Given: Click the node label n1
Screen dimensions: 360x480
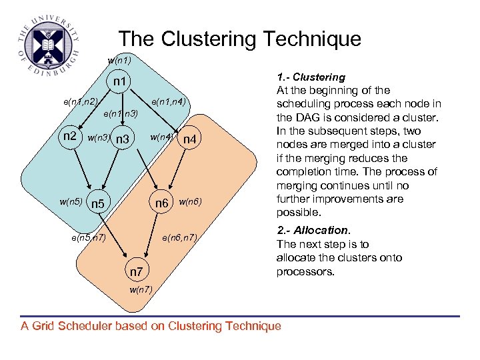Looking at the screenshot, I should pos(121,82).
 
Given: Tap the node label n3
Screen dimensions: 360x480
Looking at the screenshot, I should pos(122,140).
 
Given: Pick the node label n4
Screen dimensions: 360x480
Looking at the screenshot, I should pos(190,140).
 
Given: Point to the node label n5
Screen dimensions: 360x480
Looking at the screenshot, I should pos(98,203).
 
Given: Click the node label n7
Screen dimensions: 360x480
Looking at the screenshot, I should pos(137,271).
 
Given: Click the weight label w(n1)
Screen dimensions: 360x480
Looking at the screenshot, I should pos(119,61).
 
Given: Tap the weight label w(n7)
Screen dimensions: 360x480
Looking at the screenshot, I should pos(141,289).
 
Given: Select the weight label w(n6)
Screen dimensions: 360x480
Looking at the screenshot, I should pos(190,202).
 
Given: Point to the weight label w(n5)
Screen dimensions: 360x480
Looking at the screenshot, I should pos(71,201).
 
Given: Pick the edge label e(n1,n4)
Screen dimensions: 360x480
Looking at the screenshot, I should pos(168,102).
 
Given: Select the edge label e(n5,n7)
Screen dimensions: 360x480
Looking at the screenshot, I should pos(88,237).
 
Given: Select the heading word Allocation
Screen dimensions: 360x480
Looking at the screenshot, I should pos(320,231).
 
